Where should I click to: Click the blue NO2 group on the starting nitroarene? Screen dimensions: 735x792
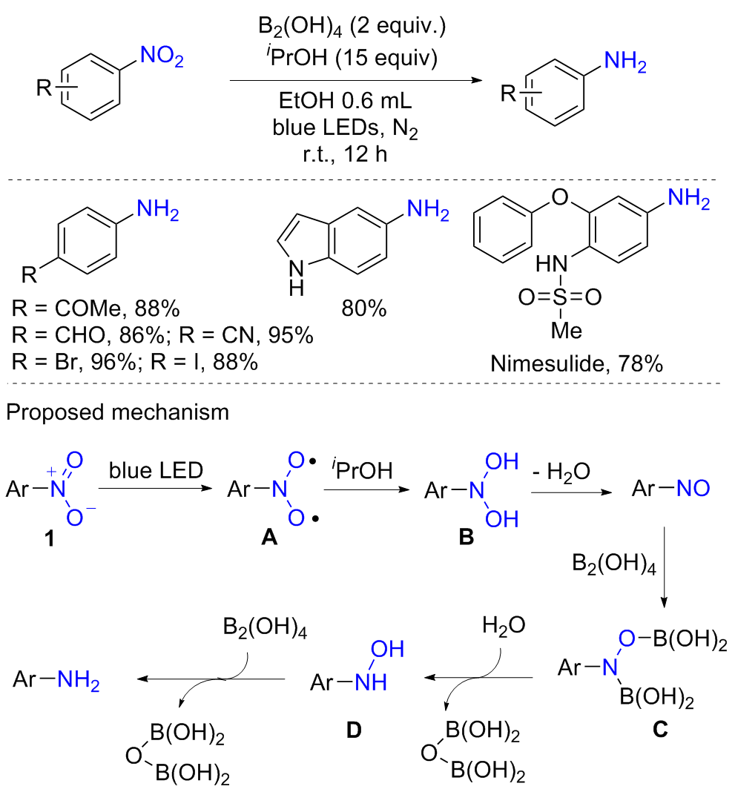[162, 56]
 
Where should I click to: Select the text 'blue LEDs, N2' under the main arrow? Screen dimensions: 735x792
[345, 128]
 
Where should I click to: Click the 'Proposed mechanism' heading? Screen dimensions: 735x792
[117, 412]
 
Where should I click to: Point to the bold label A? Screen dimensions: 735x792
[269, 538]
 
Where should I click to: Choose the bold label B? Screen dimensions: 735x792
[467, 538]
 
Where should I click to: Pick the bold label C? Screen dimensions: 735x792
[660, 730]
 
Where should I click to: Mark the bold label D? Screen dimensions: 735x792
[354, 730]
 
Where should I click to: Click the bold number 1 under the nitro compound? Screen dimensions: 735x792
[49, 538]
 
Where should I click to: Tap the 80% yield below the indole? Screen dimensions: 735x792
[363, 308]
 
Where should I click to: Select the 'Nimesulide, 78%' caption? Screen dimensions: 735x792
[576, 363]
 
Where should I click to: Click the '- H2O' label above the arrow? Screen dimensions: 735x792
[561, 472]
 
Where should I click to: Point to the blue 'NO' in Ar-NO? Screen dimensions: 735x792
[693, 489]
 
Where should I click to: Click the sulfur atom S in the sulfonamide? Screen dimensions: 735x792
[560, 297]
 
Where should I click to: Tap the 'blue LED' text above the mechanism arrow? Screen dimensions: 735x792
[156, 470]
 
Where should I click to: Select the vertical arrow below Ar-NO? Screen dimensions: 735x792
[664, 567]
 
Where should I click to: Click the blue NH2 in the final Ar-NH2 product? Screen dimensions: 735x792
[79, 680]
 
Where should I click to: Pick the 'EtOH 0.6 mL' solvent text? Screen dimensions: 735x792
[345, 101]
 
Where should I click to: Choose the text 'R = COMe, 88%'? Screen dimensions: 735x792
[96, 308]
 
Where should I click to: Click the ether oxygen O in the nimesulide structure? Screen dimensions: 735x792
[560, 197]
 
